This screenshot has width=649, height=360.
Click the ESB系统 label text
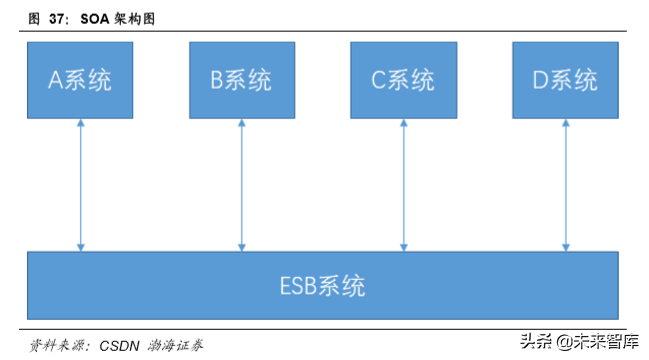(x=321, y=287)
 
